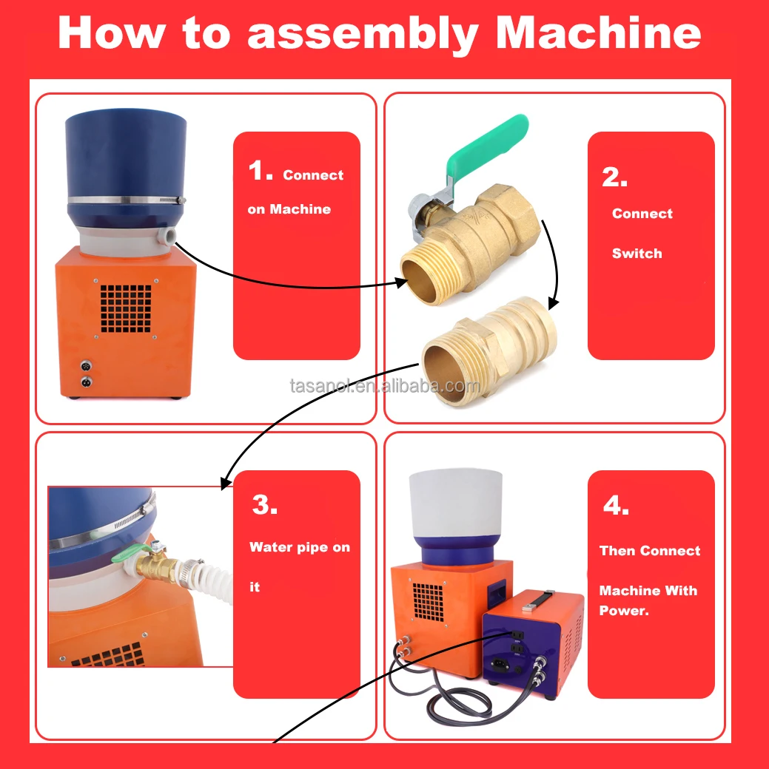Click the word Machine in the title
click(599, 33)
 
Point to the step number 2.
click(614, 177)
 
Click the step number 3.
click(265, 504)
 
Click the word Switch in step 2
click(637, 253)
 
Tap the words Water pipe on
click(300, 547)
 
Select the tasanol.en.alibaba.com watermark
click(385, 386)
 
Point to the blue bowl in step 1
click(127, 169)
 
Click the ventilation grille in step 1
click(126, 308)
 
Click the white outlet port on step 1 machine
click(166, 236)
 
